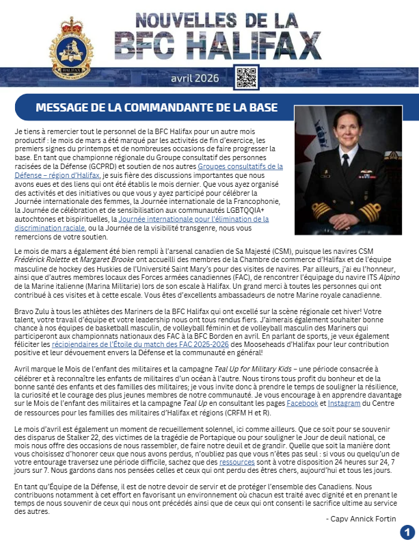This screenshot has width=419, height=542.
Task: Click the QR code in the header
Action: pyautogui.click(x=245, y=77)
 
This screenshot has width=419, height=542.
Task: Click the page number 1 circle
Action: pyautogui.click(x=407, y=531)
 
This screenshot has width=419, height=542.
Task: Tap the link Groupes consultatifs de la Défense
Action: pyautogui.click(x=240, y=166)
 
